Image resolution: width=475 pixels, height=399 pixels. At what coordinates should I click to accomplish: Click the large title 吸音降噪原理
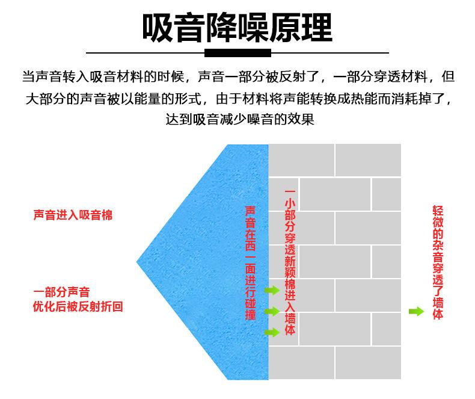point(237,27)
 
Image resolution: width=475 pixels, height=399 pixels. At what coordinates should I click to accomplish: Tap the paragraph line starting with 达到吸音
point(239,119)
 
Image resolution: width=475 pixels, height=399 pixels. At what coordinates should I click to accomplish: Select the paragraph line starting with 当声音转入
point(238,78)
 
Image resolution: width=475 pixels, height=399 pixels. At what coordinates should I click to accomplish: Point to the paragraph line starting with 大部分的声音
point(238,98)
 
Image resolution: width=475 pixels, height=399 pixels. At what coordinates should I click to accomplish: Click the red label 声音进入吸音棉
point(73,215)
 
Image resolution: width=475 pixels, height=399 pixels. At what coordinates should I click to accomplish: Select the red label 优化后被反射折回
point(78,307)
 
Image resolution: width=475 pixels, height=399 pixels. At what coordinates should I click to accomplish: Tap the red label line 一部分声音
point(62,292)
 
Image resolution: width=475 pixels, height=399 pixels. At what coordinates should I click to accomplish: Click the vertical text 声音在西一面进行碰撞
point(251,263)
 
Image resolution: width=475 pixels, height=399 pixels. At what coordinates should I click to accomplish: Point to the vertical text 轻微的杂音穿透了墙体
point(438,263)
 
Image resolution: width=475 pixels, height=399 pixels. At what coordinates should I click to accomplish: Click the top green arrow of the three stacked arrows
point(272,291)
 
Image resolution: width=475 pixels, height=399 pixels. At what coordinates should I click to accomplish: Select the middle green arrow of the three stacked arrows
point(272,311)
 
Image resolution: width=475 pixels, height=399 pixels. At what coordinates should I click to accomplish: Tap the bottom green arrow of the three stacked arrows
point(272,332)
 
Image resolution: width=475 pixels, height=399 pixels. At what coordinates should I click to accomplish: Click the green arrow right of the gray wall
point(415,311)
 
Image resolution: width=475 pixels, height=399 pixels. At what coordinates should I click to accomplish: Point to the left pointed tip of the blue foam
point(138,261)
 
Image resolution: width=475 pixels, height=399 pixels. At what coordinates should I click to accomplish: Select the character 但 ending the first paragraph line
point(448,78)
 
